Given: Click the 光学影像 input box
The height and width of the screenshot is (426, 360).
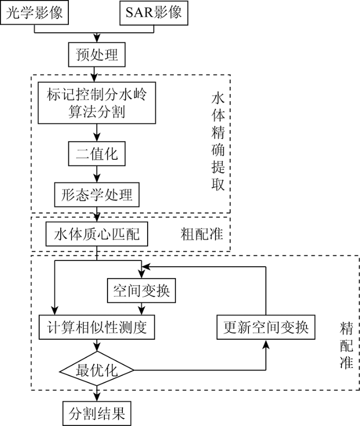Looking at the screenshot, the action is tap(34, 12).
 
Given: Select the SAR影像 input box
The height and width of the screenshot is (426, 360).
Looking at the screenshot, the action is tap(154, 12).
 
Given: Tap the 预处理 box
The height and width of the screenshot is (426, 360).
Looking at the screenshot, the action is tap(97, 54).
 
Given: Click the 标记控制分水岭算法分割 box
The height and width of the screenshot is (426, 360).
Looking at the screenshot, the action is tap(97, 103).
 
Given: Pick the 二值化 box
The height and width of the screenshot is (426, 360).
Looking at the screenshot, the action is tap(97, 154).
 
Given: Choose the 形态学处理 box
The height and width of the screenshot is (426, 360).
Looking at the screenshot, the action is tap(97, 195).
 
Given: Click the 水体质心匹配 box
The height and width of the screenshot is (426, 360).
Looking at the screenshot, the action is tap(97, 234).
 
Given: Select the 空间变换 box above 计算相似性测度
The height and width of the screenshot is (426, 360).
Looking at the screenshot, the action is tap(141, 290).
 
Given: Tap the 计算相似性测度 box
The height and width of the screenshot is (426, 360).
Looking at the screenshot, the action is tap(97, 327).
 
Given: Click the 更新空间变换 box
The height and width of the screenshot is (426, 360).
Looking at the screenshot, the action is tap(266, 327).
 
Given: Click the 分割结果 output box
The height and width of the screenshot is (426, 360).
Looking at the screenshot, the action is tap(97, 414).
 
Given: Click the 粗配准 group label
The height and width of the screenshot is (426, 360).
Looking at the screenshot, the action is tap(202, 234).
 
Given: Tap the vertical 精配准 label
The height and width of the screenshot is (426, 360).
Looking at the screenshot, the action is tap(347, 346).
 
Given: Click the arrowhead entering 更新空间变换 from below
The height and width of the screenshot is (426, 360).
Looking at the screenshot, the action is tap(266, 343).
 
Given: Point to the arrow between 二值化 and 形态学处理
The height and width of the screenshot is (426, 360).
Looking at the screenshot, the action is tap(97, 174).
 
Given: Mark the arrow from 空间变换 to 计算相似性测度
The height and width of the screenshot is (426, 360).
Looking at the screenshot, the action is tap(141, 309).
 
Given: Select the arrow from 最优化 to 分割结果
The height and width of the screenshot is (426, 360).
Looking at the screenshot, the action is tap(97, 394).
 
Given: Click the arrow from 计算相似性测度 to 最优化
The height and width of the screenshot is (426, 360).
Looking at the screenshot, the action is tap(97, 345).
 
